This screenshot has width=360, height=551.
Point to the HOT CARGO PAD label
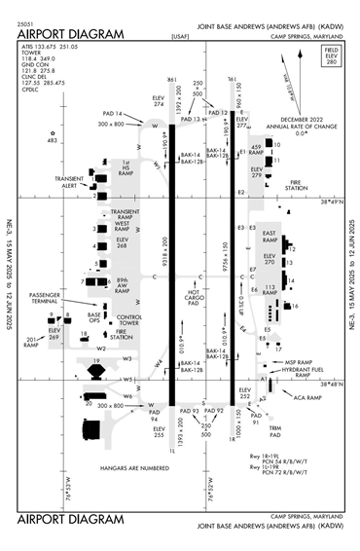tap(194, 297)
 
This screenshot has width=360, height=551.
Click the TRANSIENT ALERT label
tap(69, 182)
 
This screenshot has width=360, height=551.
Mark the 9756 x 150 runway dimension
tap(225, 255)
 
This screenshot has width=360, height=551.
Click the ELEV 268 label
tap(123, 244)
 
